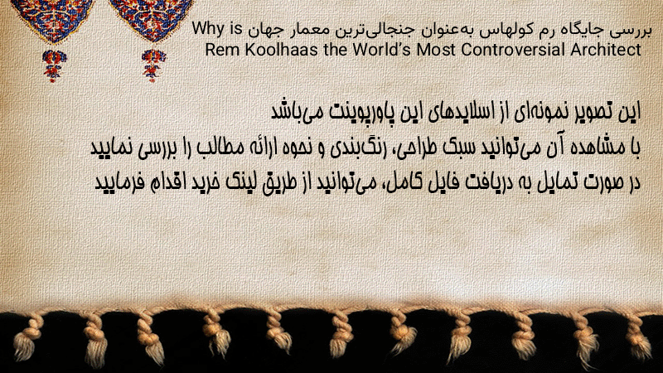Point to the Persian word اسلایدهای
455,112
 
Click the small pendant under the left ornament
54,65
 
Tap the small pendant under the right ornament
154,65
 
